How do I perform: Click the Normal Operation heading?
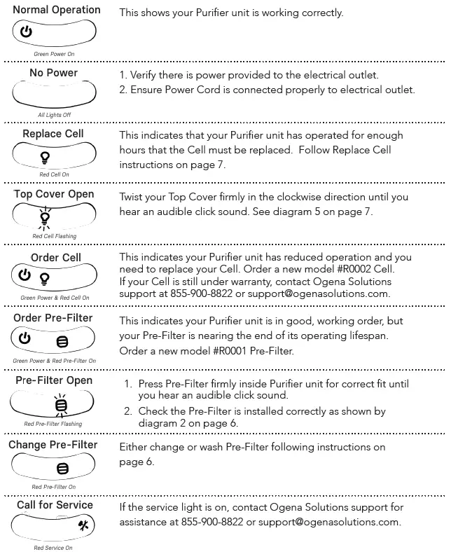click(56, 11)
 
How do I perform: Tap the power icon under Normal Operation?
click(26, 32)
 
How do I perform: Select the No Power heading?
click(53, 73)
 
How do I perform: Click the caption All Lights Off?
click(54, 114)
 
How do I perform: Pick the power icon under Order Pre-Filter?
click(25, 338)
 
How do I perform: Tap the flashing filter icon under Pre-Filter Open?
click(62, 404)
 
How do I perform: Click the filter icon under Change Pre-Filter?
click(62, 468)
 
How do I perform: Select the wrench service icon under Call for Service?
click(82, 525)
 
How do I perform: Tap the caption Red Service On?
click(53, 548)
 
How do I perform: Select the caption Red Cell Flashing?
click(54, 236)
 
